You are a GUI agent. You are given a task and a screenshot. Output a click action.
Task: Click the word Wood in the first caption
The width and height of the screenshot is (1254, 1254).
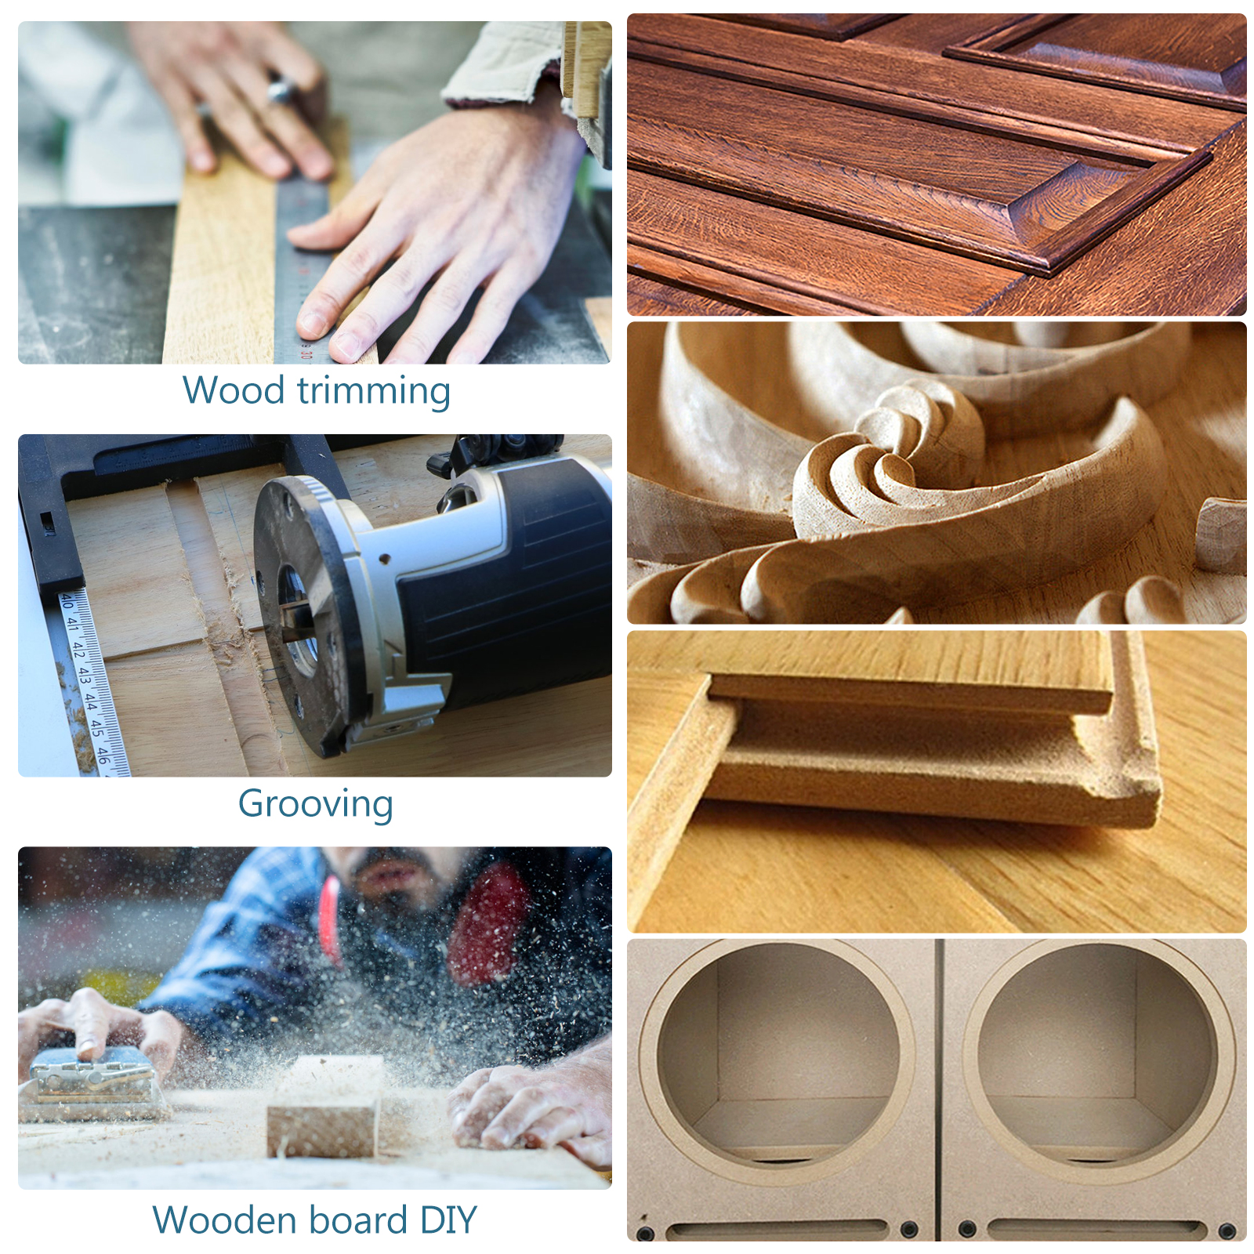click(233, 390)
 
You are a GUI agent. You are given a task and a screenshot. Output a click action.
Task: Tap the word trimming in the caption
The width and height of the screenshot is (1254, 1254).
click(374, 392)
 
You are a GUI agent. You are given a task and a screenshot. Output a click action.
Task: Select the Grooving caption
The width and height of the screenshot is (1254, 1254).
click(315, 805)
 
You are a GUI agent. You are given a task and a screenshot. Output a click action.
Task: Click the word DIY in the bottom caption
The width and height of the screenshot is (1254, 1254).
click(448, 1220)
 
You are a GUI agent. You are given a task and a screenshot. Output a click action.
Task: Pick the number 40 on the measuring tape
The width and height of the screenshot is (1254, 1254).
click(67, 601)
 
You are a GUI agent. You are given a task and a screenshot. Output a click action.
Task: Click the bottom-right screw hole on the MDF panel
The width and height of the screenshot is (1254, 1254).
click(1227, 1231)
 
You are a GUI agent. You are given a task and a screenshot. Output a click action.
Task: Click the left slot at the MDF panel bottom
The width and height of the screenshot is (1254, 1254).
click(776, 1229)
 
